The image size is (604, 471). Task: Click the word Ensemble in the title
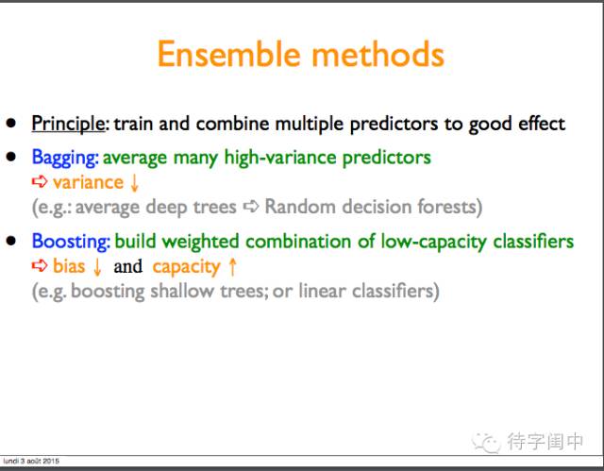pyautogui.click(x=228, y=55)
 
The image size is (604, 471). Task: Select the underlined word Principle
pyautogui.click(x=68, y=125)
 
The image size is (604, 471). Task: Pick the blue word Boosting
pyautogui.click(x=71, y=242)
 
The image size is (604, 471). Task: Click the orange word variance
pyautogui.click(x=88, y=182)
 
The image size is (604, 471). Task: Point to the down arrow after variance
pyautogui.click(x=134, y=183)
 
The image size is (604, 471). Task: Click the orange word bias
pyautogui.click(x=69, y=266)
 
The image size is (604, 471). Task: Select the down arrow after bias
pyautogui.click(x=97, y=267)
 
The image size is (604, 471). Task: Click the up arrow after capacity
pyautogui.click(x=232, y=267)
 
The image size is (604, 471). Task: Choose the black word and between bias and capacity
pyautogui.click(x=128, y=266)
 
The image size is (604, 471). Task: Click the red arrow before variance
pyautogui.click(x=40, y=181)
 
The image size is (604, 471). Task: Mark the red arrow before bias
pyautogui.click(x=40, y=265)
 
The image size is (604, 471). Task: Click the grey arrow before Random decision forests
pyautogui.click(x=251, y=207)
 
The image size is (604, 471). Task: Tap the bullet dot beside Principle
pyautogui.click(x=10, y=123)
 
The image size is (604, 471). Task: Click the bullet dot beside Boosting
pyautogui.click(x=10, y=241)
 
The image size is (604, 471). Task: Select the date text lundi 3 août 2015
pyautogui.click(x=31, y=461)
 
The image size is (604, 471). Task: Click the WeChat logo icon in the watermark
pyautogui.click(x=486, y=442)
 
